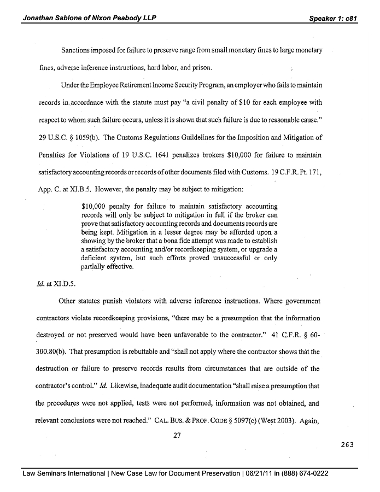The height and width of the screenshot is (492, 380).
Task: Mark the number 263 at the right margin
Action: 346,444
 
